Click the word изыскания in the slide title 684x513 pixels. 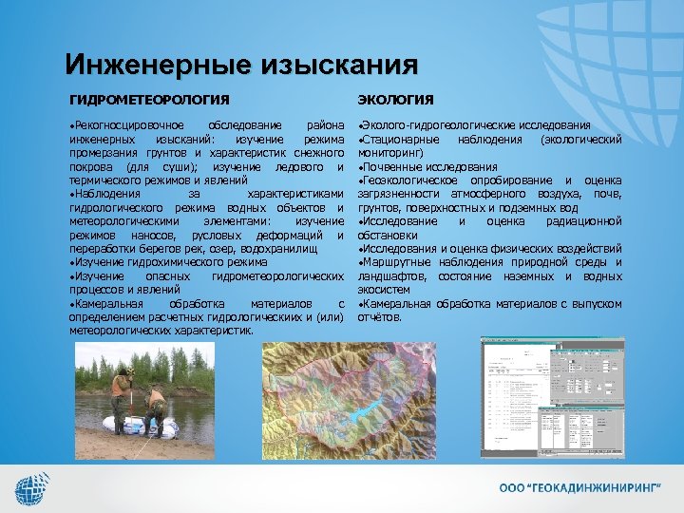coord(332,65)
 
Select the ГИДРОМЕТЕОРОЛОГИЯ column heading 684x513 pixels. coord(149,100)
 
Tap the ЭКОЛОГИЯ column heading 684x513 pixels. coord(395,100)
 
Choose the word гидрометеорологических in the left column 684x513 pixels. coord(278,275)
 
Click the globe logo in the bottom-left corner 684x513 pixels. coord(34,488)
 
